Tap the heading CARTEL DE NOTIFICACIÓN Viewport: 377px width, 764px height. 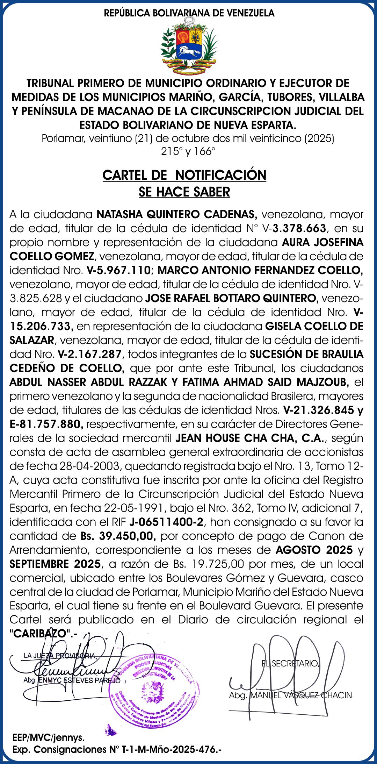184,175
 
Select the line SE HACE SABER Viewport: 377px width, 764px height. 184,192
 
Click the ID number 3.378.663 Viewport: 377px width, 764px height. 299,228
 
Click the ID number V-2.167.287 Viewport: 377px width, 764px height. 90,354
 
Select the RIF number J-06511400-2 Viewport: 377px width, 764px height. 166,522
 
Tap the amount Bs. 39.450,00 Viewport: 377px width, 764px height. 118,536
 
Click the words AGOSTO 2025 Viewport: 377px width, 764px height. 314,550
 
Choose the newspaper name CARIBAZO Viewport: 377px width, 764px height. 40,633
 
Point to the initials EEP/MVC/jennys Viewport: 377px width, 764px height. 49,738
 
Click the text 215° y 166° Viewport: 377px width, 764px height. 188,152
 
